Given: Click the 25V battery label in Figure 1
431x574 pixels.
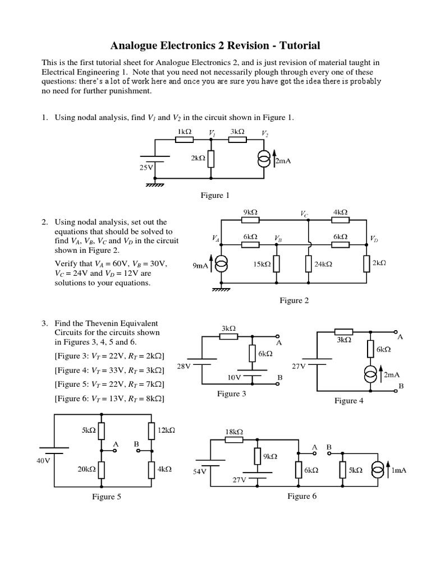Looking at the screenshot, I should click(146, 167).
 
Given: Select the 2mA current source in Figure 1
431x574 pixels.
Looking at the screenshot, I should click(263, 160).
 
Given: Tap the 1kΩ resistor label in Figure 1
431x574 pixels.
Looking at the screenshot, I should click(185, 132).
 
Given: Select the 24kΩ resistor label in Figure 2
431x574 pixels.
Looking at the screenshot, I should click(323, 264).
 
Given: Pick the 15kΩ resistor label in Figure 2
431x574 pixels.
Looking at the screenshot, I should click(262, 264).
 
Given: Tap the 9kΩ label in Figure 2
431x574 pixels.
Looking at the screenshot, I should click(250, 212).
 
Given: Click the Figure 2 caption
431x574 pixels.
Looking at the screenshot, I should click(295, 300).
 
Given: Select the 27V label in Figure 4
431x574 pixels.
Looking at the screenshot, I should click(299, 365).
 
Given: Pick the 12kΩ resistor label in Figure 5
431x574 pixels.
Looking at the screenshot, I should click(167, 430).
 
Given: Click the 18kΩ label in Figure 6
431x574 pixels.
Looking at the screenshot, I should click(234, 431).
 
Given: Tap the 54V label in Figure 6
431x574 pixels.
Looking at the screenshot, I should click(200, 471).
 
